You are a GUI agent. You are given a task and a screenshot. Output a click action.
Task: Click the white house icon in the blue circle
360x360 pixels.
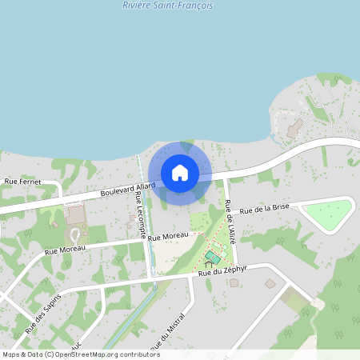pyautogui.click(x=180, y=173)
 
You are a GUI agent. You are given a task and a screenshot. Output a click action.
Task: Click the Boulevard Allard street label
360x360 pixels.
pyautogui.click(x=128, y=190)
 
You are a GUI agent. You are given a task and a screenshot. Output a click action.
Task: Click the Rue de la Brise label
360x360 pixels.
pyautogui.click(x=263, y=210)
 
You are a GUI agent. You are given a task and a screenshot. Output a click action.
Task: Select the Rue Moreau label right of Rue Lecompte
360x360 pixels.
pyautogui.click(x=166, y=236)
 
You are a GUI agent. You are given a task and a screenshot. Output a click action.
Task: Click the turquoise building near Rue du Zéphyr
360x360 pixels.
pyautogui.click(x=212, y=258)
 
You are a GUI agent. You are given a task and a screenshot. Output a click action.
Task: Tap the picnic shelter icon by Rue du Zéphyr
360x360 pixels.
pyautogui.click(x=209, y=264)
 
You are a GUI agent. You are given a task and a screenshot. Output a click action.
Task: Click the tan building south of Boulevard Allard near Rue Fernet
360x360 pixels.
pyautogui.click(x=75, y=215)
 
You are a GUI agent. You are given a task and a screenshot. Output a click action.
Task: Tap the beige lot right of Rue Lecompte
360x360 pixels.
pyautogui.click(x=170, y=256)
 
